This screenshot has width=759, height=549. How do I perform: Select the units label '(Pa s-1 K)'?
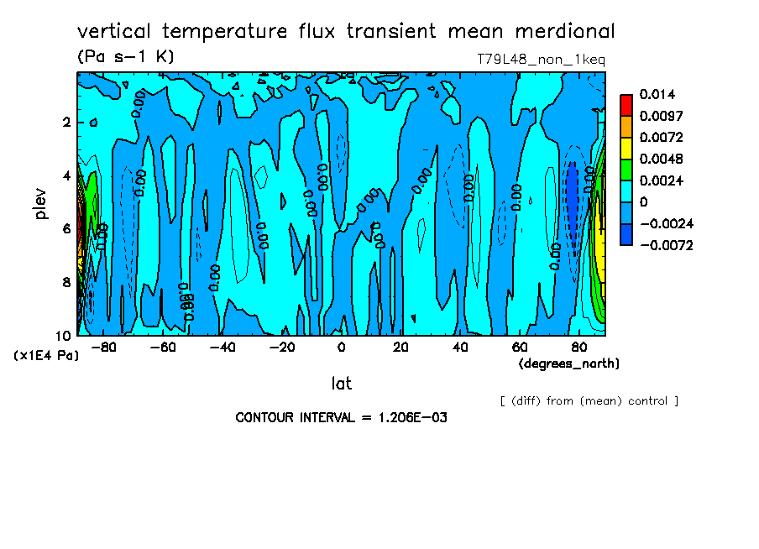pyautogui.click(x=125, y=57)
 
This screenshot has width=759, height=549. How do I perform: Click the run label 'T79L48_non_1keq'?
pyautogui.click(x=540, y=60)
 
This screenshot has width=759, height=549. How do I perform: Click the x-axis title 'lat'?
pyautogui.click(x=341, y=384)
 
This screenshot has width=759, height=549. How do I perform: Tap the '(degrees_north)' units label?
pyautogui.click(x=569, y=363)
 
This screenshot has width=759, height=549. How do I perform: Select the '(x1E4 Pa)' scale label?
pyautogui.click(x=47, y=355)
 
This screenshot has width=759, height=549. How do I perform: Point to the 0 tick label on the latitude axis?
pyautogui.click(x=341, y=347)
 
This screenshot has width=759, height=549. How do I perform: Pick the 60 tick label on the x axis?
pyautogui.click(x=520, y=347)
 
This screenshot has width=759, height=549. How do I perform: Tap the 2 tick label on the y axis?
pyautogui.click(x=67, y=123)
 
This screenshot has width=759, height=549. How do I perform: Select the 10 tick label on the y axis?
pyautogui.click(x=64, y=334)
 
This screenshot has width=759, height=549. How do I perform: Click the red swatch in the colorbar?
pyautogui.click(x=626, y=104)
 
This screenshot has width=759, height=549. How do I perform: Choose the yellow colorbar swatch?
pyautogui.click(x=626, y=148)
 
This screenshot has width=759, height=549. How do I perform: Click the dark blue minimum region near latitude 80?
pyautogui.click(x=572, y=197)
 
